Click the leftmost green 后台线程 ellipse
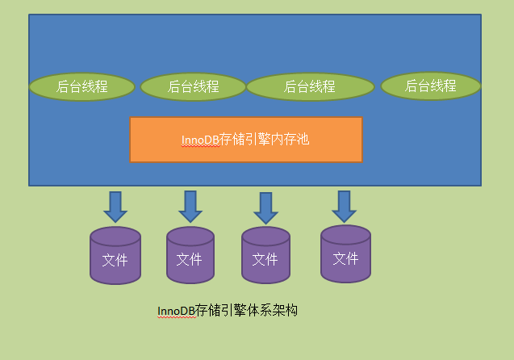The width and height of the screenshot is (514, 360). [81, 86]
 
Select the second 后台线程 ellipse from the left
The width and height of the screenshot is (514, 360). [193, 86]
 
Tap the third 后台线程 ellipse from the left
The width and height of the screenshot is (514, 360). [309, 86]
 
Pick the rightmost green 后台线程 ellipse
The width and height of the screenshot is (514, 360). [430, 86]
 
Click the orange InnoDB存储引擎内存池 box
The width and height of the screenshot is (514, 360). [245, 140]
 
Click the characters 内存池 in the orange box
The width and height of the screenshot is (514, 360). [290, 140]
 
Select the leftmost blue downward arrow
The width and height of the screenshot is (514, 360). [115, 207]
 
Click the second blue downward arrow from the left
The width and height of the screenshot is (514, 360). [190, 207]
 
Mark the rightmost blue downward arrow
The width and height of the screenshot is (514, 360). [345, 207]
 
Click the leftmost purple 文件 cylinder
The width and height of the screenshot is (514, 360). [115, 257]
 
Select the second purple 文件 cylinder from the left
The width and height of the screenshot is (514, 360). [190, 257]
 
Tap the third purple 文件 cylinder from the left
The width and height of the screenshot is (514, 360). [265, 257]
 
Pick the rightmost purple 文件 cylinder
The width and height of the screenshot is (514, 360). [345, 255]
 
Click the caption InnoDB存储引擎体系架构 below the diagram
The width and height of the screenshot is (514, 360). [228, 311]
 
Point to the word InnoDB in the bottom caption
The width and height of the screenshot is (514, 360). [176, 311]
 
